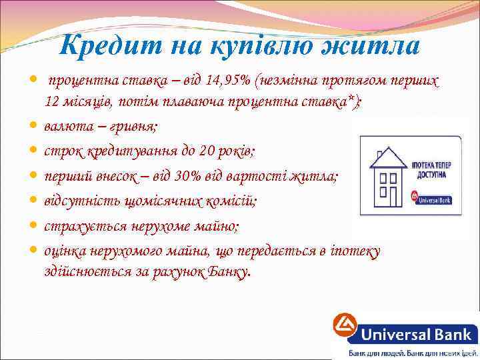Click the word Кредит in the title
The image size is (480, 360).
point(100,46)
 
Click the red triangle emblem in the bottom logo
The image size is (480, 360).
point(345,327)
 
